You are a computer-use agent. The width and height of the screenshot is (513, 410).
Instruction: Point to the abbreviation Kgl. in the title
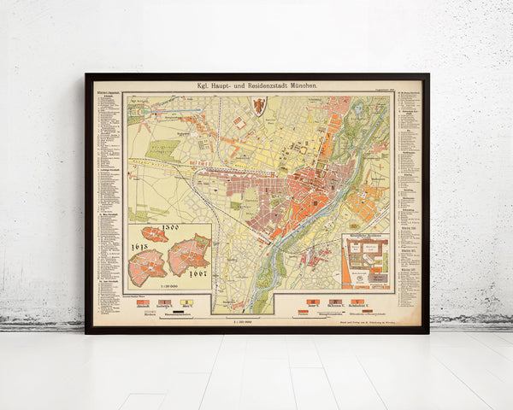205,87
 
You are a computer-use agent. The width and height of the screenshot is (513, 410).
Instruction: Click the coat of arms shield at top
257,106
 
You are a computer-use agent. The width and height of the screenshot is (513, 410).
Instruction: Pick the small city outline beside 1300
155,234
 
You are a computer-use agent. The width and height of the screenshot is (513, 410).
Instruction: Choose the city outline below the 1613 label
146,267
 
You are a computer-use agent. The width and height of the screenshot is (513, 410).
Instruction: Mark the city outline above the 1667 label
189,255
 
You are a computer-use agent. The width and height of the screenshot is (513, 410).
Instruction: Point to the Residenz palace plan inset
365,261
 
